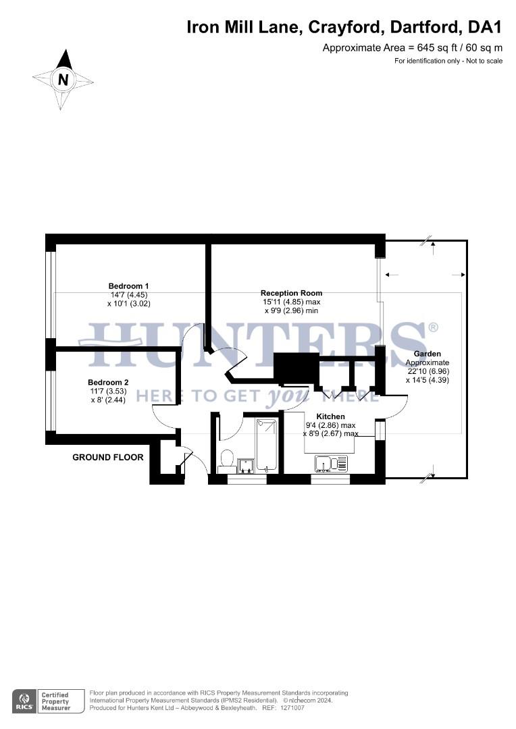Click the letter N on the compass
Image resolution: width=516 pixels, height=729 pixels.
pos(63,80)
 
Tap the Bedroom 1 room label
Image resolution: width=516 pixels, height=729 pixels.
pos(128,286)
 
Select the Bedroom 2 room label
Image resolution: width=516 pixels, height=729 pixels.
pos(108,382)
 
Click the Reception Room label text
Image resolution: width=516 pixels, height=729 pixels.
pos(291,293)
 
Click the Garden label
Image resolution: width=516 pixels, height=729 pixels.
pos(427,354)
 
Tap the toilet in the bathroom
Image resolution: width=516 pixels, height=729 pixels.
pos(227,459)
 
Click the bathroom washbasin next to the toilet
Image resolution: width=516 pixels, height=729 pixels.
pos(244,465)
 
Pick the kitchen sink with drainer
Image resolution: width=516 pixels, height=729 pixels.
pos(331,463)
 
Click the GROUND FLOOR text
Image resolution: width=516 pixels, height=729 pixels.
pos(108,458)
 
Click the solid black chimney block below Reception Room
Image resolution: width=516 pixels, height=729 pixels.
pos(296,369)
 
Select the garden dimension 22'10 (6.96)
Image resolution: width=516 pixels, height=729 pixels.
pos(427,371)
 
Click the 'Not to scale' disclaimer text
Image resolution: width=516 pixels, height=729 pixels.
pos(483,61)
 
